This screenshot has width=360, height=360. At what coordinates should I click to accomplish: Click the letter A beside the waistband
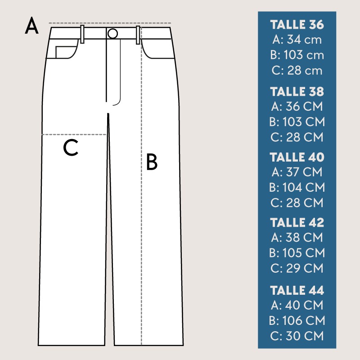[x=31, y=26]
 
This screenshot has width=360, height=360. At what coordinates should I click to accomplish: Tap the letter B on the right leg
[x=152, y=162]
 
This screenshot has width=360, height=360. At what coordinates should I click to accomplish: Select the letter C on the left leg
[x=71, y=148]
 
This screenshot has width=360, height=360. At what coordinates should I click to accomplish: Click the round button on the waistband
[x=112, y=33]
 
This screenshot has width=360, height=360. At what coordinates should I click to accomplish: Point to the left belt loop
[x=82, y=34]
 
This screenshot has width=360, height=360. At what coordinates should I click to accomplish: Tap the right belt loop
[x=138, y=35]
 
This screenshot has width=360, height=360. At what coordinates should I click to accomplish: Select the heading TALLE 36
[x=297, y=25]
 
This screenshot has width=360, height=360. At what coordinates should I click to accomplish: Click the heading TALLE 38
[x=297, y=91]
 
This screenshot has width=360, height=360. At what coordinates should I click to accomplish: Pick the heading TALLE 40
[x=297, y=157]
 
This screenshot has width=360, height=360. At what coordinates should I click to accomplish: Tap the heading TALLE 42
[x=297, y=222]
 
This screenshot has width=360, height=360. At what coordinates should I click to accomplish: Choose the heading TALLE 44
[x=297, y=290]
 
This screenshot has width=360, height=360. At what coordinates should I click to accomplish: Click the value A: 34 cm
[x=297, y=40]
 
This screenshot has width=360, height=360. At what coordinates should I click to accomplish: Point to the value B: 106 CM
[x=297, y=320]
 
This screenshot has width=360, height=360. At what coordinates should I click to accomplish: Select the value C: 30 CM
[x=297, y=336]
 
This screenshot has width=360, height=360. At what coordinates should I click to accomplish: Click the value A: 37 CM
[x=297, y=172]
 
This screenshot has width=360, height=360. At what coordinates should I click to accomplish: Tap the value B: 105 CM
[x=297, y=253]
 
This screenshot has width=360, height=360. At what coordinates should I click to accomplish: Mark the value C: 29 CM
[x=297, y=268]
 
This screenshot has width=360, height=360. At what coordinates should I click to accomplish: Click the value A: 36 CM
[x=297, y=106]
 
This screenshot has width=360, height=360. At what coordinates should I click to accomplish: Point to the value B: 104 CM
[x=297, y=187]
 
